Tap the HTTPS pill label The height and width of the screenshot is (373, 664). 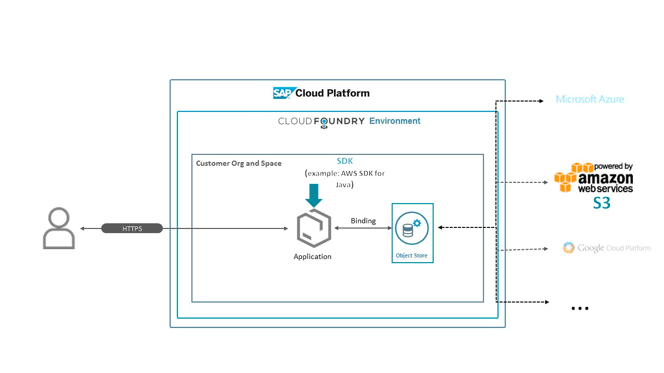(x=132, y=228)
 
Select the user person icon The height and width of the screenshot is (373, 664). (x=59, y=228)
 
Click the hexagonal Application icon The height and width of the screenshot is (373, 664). (x=314, y=228)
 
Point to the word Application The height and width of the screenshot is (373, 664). (x=312, y=256)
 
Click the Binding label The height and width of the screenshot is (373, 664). (x=363, y=221)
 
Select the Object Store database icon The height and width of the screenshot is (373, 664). (x=412, y=228)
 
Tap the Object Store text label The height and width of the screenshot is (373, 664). (x=411, y=255)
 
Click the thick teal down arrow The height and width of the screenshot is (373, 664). (x=314, y=196)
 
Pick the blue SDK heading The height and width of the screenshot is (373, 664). (x=345, y=161)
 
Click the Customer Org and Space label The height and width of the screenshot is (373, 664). (x=239, y=163)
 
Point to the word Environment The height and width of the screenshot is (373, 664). (x=395, y=121)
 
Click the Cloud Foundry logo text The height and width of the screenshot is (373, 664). (x=321, y=122)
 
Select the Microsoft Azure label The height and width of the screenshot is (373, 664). (x=590, y=99)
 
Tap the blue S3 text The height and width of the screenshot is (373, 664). (x=602, y=203)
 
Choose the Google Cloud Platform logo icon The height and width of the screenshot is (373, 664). (x=569, y=248)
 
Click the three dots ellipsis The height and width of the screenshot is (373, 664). (x=580, y=308)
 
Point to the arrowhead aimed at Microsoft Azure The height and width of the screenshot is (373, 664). (x=541, y=101)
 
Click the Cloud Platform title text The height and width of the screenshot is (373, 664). (x=333, y=93)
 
